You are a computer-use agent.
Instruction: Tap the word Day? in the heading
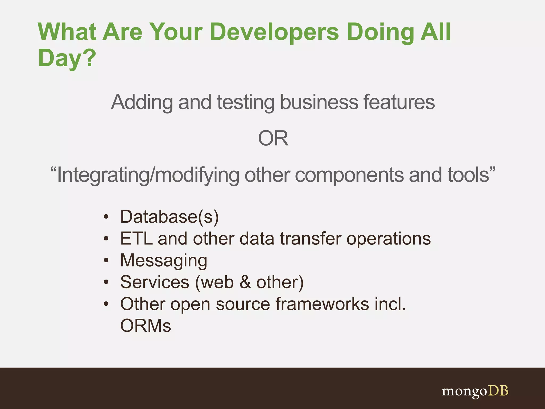(67, 58)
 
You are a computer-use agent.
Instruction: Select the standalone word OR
(273, 138)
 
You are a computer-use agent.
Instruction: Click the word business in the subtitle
(319, 102)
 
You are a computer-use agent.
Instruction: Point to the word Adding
(142, 102)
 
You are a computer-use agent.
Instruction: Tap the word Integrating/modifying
(148, 175)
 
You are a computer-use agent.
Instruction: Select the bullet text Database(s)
(170, 217)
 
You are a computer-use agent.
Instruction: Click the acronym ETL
(136, 239)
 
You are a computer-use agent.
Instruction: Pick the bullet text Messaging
(164, 260)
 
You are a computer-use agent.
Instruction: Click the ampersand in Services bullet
(245, 282)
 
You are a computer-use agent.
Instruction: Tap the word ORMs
(146, 326)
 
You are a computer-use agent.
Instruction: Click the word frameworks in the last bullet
(322, 304)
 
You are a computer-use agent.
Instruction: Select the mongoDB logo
(475, 391)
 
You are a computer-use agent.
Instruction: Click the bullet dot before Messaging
(106, 260)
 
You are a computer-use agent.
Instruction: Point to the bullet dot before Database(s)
(106, 217)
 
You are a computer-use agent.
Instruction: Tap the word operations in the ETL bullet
(389, 239)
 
